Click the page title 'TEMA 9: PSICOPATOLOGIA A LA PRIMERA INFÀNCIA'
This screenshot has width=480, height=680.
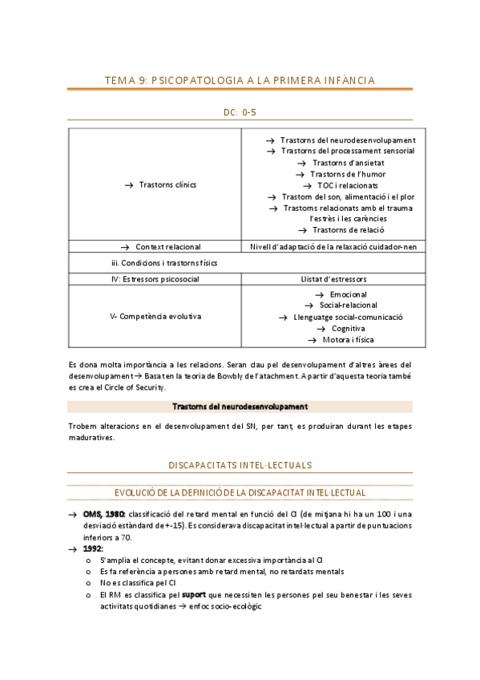[240, 79]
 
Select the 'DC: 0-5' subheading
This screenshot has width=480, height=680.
[240, 113]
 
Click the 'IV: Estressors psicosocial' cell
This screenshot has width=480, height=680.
[154, 279]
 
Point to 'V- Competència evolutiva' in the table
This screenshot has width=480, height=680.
[155, 316]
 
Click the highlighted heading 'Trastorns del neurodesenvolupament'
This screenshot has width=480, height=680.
[240, 407]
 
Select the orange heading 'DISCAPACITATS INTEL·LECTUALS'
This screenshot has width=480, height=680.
[240, 464]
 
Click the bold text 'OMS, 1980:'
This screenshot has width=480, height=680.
[103, 514]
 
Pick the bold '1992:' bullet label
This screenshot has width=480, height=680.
[92, 548]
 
